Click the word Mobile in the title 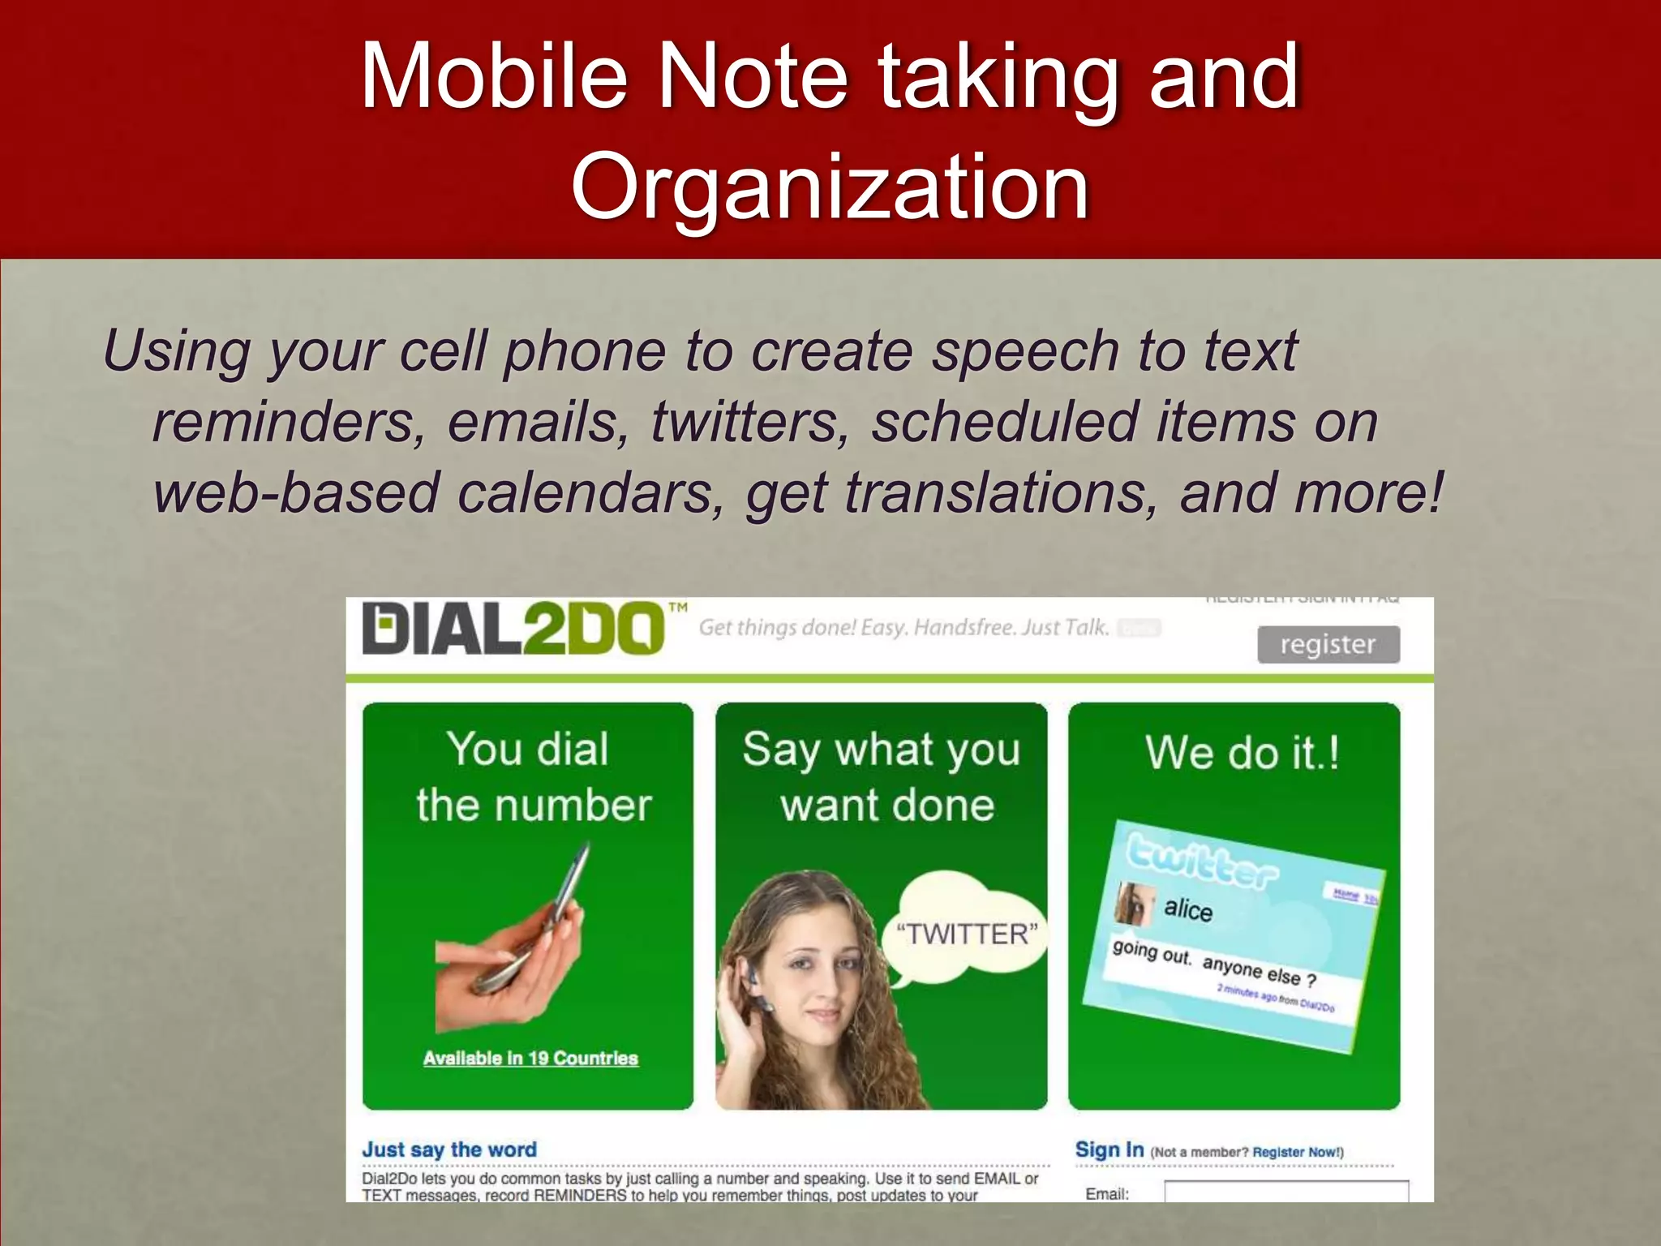click(x=494, y=77)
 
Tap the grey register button click(x=1328, y=645)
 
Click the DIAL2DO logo click(x=513, y=629)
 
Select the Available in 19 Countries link click(x=530, y=1059)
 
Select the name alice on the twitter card click(x=1188, y=909)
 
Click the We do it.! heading click(x=1242, y=752)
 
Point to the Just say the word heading click(x=449, y=1149)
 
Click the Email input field click(x=1285, y=1192)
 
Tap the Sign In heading click(x=1109, y=1149)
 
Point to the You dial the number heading click(x=532, y=776)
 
